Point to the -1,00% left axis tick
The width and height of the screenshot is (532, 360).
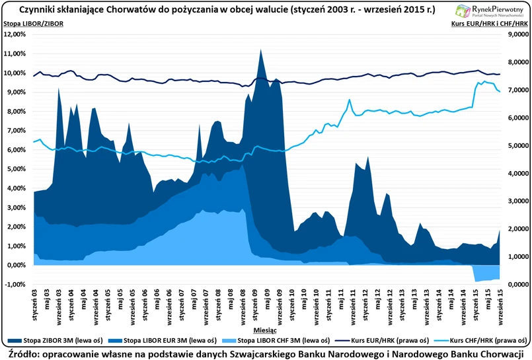tap(17, 285)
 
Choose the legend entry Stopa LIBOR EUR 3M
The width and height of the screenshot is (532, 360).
tap(171, 341)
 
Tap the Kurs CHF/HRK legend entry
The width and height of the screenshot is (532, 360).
tap(482, 341)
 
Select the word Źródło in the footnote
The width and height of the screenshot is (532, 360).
tap(23, 353)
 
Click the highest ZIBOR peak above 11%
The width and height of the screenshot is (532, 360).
tap(260, 51)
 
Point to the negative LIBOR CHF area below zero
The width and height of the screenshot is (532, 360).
tap(486, 272)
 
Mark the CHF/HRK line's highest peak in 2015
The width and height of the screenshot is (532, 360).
tap(484, 82)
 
